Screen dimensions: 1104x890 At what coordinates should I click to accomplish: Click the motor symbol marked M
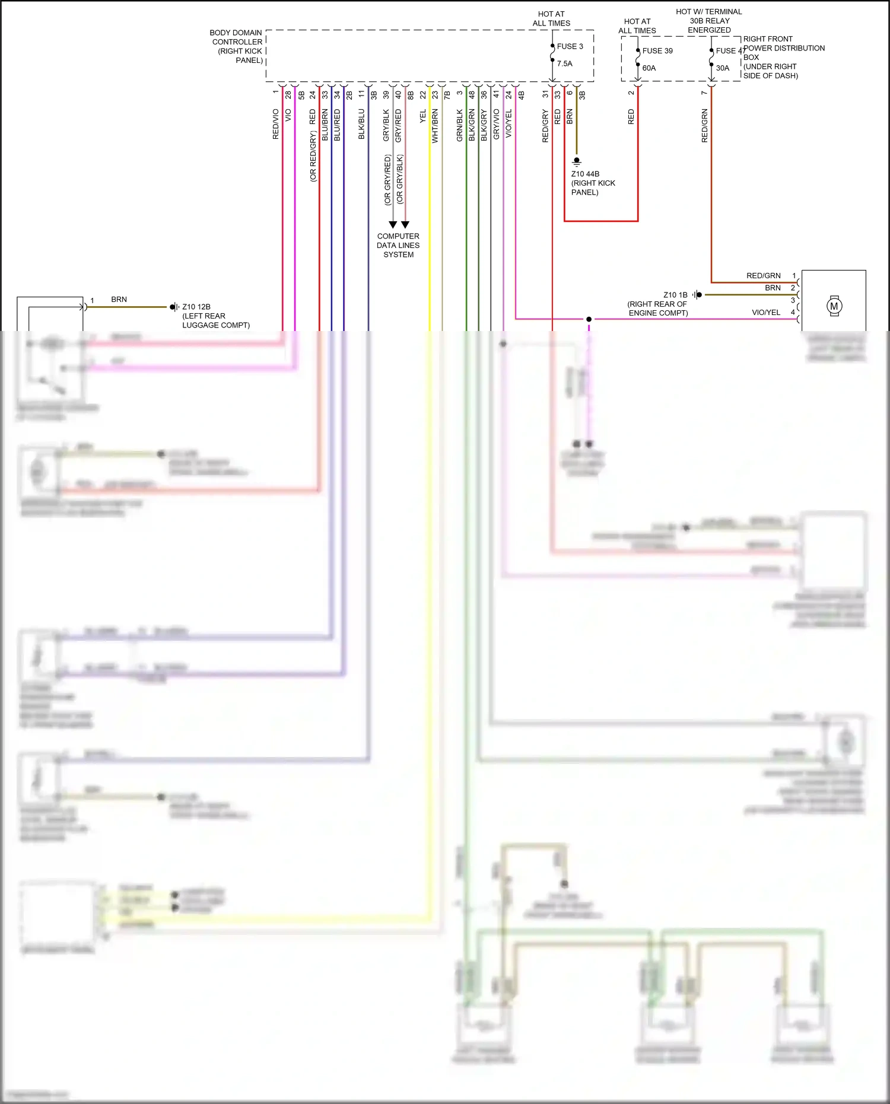pyautogui.click(x=834, y=306)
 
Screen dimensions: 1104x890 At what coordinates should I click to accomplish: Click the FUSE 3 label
pyautogui.click(x=570, y=46)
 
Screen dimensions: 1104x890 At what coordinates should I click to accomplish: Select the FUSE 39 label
pyautogui.click(x=657, y=51)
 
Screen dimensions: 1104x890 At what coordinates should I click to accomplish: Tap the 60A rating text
pyautogui.click(x=649, y=68)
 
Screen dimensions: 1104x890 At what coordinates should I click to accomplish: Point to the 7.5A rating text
pyautogui.click(x=564, y=63)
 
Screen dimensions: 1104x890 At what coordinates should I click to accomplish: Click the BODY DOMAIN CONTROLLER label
pyautogui.click(x=237, y=46)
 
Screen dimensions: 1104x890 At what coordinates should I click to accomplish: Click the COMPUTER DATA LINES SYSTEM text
pyautogui.click(x=398, y=245)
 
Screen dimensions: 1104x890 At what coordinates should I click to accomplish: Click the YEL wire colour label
pyautogui.click(x=423, y=116)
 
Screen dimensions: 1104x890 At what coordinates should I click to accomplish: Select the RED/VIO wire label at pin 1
pyautogui.click(x=275, y=124)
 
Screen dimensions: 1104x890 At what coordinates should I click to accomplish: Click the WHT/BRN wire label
pyautogui.click(x=435, y=126)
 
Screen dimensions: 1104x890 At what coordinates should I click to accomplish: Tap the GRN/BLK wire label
pyautogui.click(x=459, y=125)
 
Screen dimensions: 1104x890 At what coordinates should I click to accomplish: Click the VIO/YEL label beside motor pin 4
pyautogui.click(x=766, y=312)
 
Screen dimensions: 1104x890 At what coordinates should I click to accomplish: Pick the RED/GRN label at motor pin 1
pyautogui.click(x=763, y=276)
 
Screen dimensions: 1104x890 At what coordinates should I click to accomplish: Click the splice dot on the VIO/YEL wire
pyautogui.click(x=589, y=319)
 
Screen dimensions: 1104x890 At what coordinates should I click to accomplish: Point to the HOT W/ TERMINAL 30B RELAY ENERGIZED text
pyautogui.click(x=709, y=21)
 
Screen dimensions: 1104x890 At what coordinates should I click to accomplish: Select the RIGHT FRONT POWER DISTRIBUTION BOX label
pyautogui.click(x=783, y=57)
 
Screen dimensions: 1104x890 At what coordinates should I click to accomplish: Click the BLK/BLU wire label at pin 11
pyautogui.click(x=361, y=124)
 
